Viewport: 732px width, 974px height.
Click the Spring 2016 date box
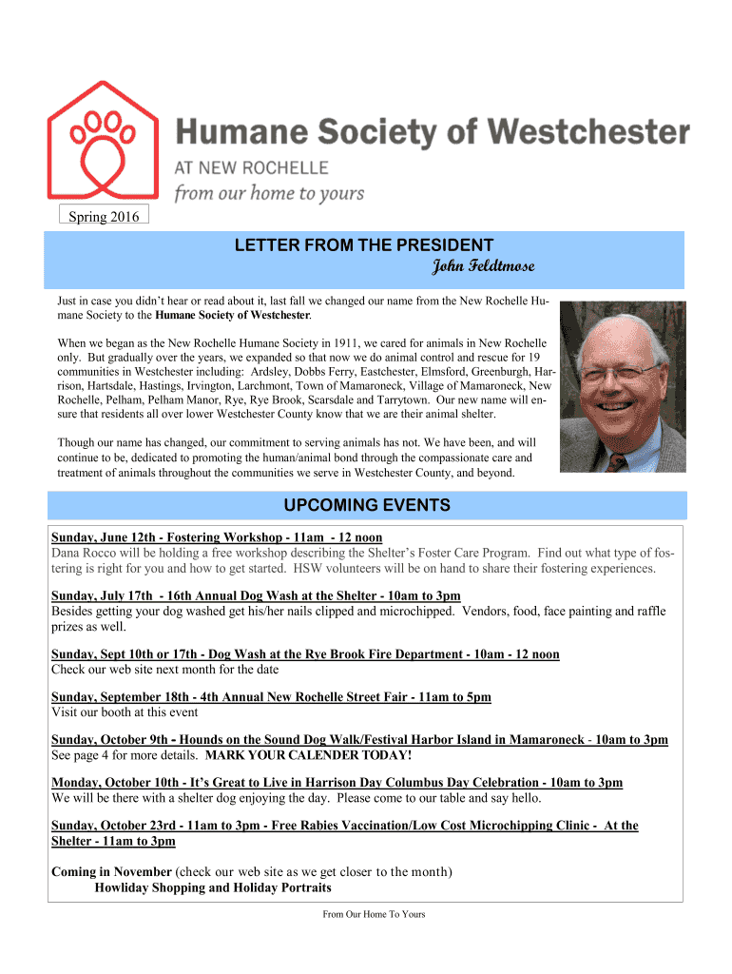coord(104,217)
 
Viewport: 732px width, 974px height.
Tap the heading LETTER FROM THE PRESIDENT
coord(364,245)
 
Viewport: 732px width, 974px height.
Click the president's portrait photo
coord(622,386)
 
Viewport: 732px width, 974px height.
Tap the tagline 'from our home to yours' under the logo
coord(268,193)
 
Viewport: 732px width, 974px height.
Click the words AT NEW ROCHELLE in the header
coord(251,167)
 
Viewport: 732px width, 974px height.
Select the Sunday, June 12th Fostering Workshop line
coord(217,537)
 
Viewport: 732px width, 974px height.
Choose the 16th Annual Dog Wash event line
coord(256,595)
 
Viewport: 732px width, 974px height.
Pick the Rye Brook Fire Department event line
coord(305,654)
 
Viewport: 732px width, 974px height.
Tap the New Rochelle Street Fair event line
coord(271,697)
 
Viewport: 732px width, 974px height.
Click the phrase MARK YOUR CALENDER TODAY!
coord(309,755)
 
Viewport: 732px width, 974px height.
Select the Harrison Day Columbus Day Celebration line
coord(337,783)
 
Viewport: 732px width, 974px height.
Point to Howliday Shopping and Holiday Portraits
coord(213,888)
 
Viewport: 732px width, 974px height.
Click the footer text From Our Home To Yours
coord(374,915)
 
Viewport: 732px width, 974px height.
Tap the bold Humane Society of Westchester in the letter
coord(237,314)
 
